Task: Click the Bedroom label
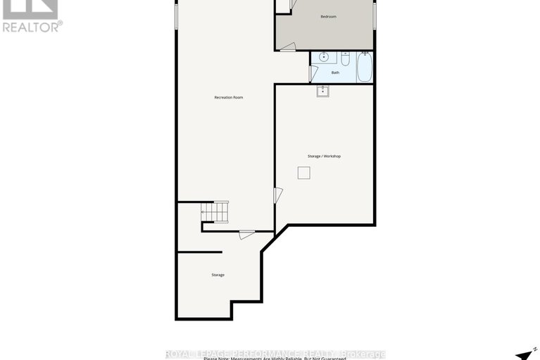point(328,16)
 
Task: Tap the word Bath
point(335,72)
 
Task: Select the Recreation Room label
point(229,97)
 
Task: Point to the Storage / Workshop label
point(324,156)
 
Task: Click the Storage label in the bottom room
point(218,275)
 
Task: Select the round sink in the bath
point(323,56)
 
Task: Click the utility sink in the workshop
point(322,90)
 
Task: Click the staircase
point(214,211)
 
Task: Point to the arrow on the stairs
point(204,211)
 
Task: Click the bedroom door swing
point(287,46)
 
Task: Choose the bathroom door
point(313,73)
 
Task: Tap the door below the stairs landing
point(246,234)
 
